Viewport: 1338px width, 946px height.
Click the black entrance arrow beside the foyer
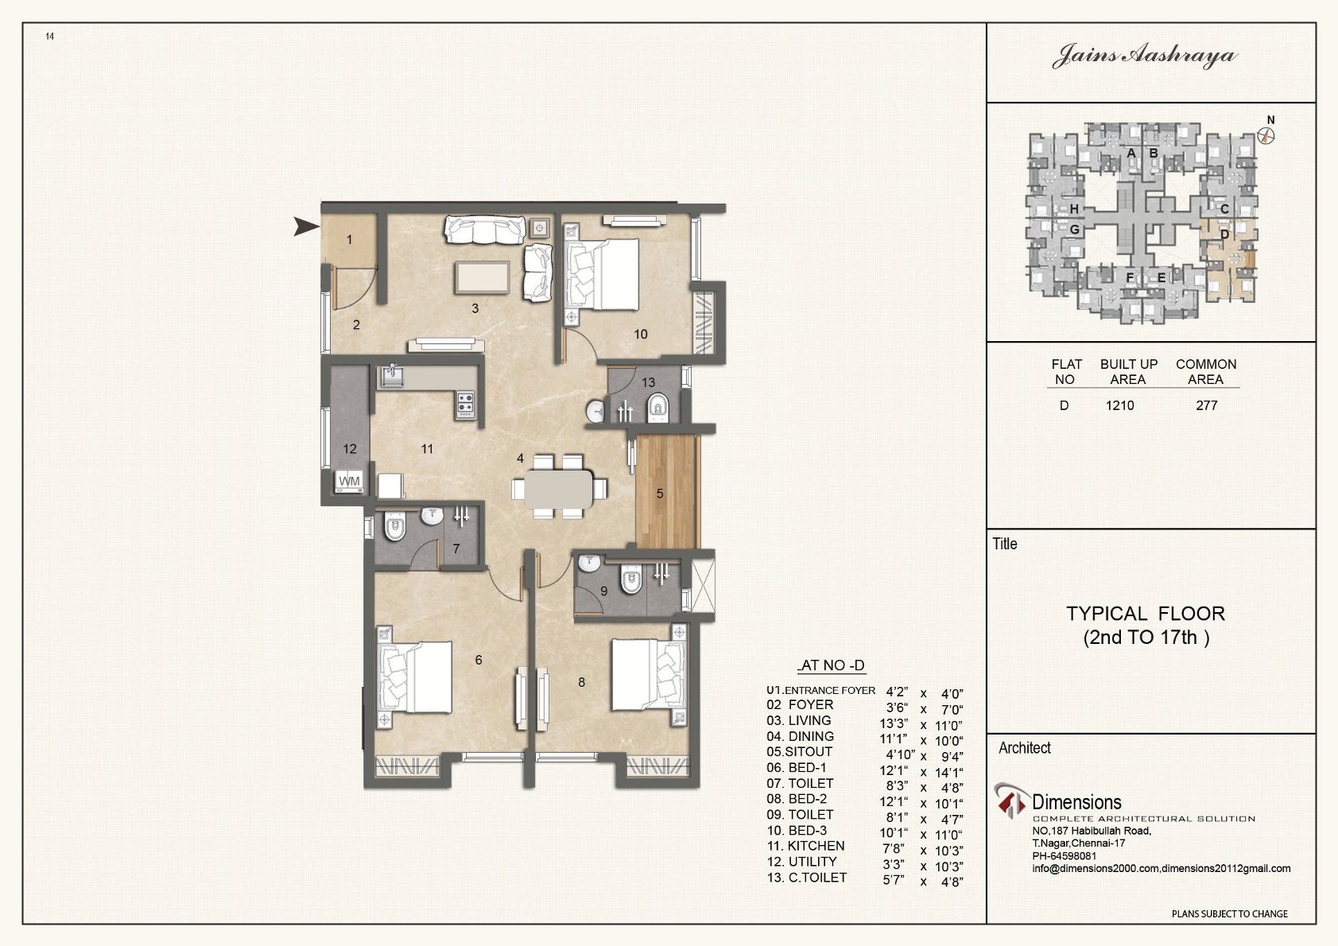click(306, 227)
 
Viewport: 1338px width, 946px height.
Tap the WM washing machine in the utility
click(350, 482)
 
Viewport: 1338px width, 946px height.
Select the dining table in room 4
click(559, 489)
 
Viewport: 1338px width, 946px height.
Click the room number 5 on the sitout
click(660, 494)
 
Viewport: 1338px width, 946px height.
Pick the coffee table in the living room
click(483, 277)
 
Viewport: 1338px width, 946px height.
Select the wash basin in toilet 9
click(590, 562)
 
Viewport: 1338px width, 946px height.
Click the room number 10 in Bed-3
click(641, 335)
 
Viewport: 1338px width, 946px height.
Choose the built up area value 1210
click(1119, 405)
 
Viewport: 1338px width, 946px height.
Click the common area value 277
click(1207, 405)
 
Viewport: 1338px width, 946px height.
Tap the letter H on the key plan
click(1075, 209)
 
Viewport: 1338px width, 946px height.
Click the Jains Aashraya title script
click(1145, 56)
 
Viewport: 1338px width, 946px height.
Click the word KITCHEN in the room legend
click(816, 847)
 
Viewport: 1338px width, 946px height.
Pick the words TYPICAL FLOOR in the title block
click(1146, 614)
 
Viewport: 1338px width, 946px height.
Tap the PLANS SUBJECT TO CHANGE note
click(1230, 913)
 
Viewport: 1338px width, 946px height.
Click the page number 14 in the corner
click(49, 37)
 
